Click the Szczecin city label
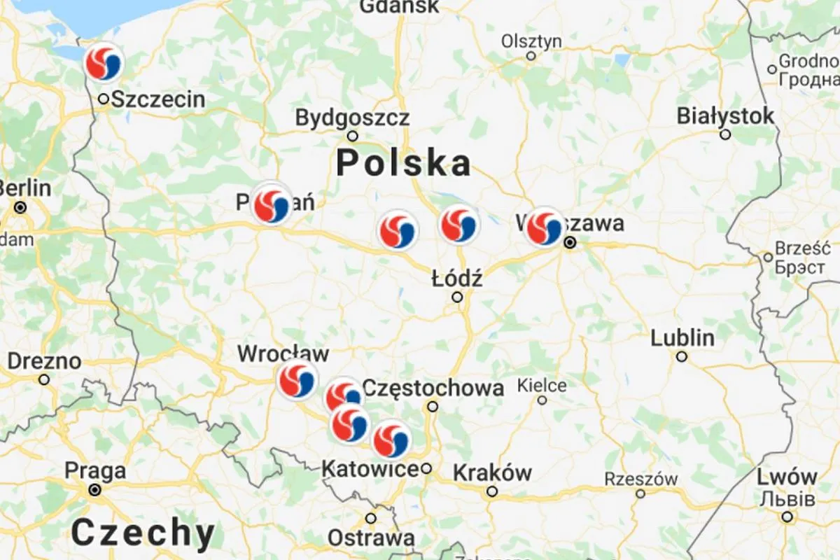click(x=158, y=99)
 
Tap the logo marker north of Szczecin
click(x=103, y=63)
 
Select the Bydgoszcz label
click(x=352, y=118)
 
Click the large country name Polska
click(x=403, y=164)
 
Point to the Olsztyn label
click(x=531, y=42)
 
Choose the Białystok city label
click(x=726, y=116)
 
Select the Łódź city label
click(x=457, y=279)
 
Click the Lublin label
click(x=682, y=339)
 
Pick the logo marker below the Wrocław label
click(x=297, y=380)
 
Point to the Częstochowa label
click(x=433, y=388)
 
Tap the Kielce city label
click(x=542, y=385)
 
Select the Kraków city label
click(x=492, y=473)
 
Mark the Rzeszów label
click(x=641, y=479)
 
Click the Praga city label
click(x=95, y=471)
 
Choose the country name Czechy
click(x=143, y=533)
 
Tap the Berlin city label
click(x=24, y=188)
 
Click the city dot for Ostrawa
click(x=371, y=519)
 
